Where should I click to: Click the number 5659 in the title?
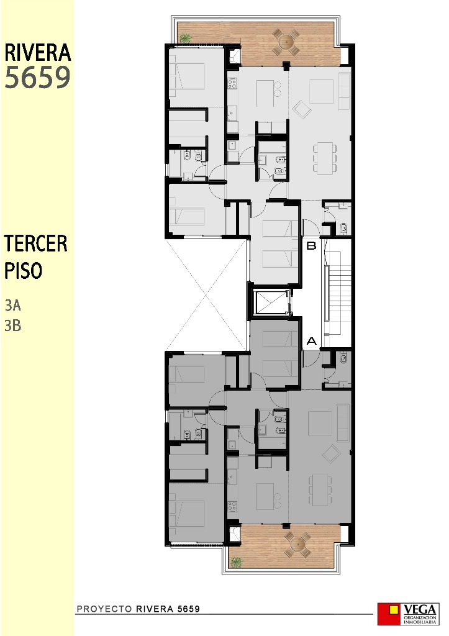37,77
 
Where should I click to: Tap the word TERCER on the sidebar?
35,243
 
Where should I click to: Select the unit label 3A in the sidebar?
12,305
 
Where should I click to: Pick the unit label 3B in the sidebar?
12,325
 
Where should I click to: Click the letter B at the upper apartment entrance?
311,245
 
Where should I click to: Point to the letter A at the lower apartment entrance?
312,341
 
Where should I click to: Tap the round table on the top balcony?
286,42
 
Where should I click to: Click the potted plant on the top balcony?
185,38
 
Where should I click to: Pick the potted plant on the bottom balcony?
236,561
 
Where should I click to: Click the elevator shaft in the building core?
271,302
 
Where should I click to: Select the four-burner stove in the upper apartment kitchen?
232,84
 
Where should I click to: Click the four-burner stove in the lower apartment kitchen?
232,506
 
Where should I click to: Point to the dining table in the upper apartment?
325,158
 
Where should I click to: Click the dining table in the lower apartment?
320,489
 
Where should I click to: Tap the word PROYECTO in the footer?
104,609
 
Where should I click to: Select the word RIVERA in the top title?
37,53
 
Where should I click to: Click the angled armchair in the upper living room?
302,109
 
